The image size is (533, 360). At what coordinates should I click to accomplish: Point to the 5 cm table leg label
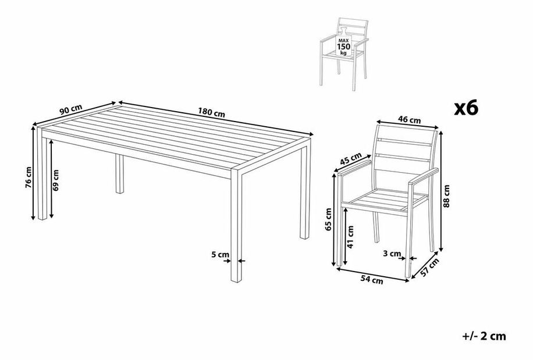coord(220,254)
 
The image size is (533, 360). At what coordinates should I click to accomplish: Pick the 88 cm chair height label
coord(447,196)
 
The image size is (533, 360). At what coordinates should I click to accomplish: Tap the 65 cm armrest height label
coord(328,219)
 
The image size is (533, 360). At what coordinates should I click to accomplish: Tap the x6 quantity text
coord(466,108)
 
